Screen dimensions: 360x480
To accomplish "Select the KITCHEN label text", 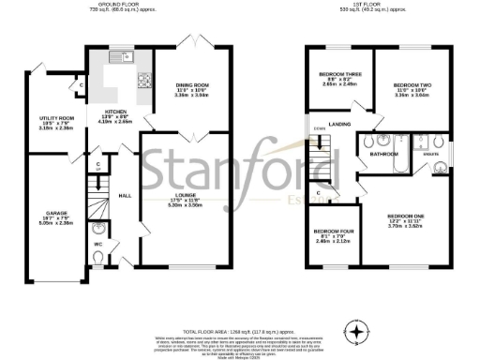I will point(112,113).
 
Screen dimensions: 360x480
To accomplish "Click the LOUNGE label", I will point(187,195).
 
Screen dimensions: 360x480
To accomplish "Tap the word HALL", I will point(123,196).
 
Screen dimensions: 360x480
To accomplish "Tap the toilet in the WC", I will point(100,228).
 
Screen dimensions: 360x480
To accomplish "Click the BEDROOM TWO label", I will point(410,84).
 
